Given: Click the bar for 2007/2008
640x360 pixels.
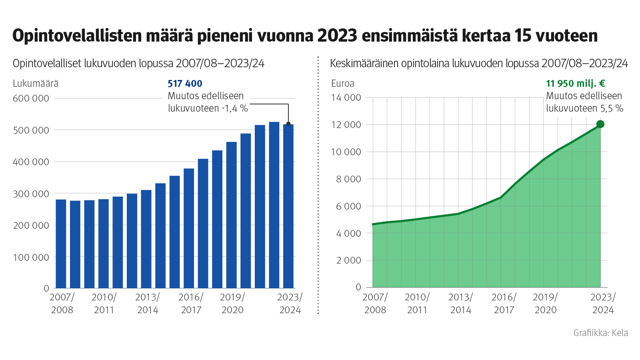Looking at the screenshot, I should click(x=61, y=244).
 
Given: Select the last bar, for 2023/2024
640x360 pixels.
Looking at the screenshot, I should click(x=288, y=206).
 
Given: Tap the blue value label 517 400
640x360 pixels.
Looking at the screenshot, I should click(x=185, y=84).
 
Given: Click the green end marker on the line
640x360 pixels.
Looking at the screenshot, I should click(x=600, y=124).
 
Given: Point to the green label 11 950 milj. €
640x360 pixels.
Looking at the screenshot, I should click(x=575, y=84).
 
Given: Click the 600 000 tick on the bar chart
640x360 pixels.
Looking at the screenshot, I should click(x=31, y=98).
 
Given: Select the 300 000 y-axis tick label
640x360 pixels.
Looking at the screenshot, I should click(x=31, y=194).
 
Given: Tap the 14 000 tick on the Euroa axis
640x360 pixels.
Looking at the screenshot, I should click(x=346, y=98).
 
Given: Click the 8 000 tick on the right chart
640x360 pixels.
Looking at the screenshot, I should click(x=348, y=179).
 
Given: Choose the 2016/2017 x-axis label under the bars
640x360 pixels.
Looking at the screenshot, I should click(x=191, y=303).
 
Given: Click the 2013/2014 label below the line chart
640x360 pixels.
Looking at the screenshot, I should click(x=460, y=303).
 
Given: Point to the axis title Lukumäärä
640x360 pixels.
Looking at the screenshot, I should click(x=36, y=84).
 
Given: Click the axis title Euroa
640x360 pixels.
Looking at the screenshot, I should click(x=343, y=84).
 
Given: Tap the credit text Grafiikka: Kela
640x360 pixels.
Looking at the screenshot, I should click(x=600, y=333).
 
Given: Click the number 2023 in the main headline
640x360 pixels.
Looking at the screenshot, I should click(x=337, y=36).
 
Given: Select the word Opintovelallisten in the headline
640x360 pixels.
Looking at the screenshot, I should click(x=77, y=36).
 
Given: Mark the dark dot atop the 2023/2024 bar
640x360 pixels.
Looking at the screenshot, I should click(x=288, y=124).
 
